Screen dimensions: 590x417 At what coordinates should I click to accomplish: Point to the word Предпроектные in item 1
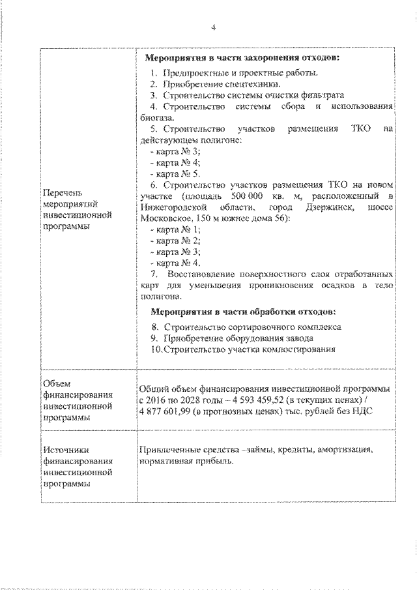(x=194, y=72)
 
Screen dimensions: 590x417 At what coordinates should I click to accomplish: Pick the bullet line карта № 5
(x=175, y=173)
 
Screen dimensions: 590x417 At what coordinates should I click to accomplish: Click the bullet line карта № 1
(x=175, y=229)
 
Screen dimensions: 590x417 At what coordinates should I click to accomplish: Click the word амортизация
(x=341, y=450)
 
